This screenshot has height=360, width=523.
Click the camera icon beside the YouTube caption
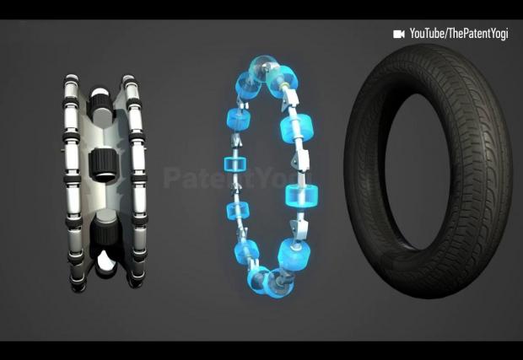click(x=399, y=34)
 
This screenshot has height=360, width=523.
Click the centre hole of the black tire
click(x=418, y=172)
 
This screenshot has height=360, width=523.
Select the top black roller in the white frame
click(x=100, y=104)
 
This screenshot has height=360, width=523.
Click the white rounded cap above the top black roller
click(x=99, y=92)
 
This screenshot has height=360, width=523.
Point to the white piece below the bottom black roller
click(x=106, y=261)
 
